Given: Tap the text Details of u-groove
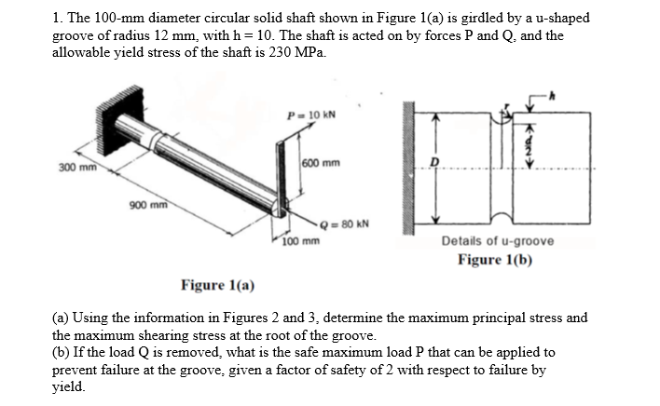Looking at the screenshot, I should point(498,241).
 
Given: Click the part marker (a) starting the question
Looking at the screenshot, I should point(61,318).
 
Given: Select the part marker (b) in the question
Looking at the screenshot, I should point(61,352).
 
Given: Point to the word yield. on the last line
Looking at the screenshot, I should point(69,386).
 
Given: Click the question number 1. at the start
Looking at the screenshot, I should point(58,18).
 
